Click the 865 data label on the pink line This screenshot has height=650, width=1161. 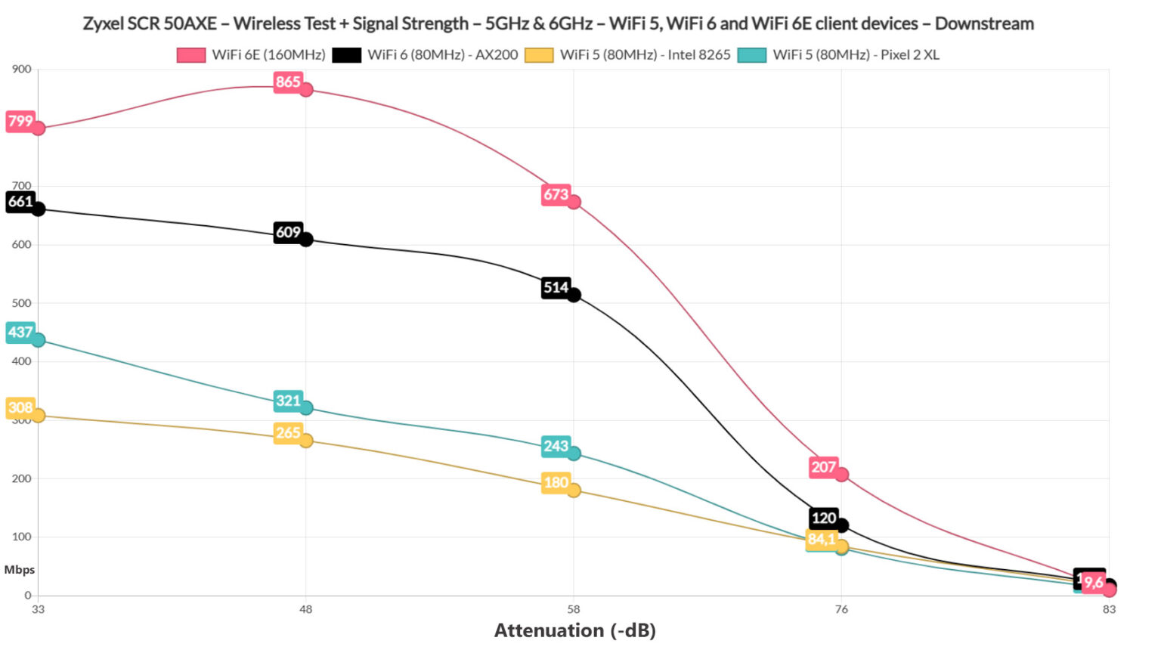[287, 82]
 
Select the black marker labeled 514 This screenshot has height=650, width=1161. [574, 295]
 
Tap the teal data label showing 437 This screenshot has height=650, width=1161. [20, 332]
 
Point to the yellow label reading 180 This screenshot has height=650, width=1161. [556, 482]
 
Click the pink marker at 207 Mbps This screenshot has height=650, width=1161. [841, 475]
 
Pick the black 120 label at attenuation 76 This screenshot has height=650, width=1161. [823, 518]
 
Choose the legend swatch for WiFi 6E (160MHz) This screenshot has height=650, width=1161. [190, 54]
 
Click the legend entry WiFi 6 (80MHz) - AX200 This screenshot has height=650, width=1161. [442, 54]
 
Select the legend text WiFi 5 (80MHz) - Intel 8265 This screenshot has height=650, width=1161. [645, 54]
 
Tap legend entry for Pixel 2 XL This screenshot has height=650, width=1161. [856, 54]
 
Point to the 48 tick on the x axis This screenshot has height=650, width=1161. [305, 609]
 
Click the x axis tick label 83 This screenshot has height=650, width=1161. [1108, 609]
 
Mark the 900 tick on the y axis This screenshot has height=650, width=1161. [21, 69]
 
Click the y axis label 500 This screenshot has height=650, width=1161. [21, 303]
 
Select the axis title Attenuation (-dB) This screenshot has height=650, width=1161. [574, 630]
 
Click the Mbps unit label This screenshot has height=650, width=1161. [19, 570]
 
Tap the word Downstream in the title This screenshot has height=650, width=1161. [984, 23]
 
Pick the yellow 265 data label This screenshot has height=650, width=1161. [287, 433]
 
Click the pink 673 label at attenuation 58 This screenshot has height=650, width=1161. [556, 194]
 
